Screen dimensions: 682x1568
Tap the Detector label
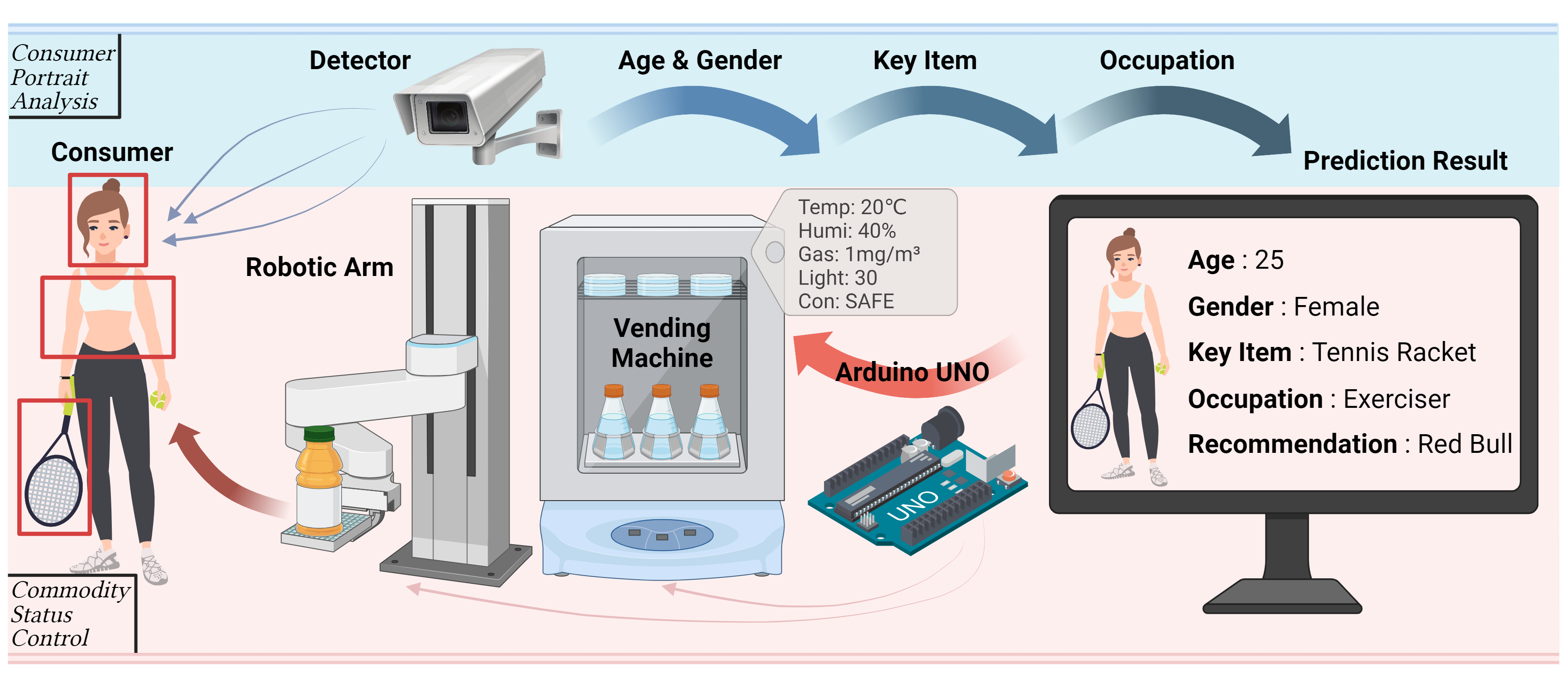tap(360, 60)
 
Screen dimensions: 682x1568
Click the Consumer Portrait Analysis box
tap(63, 77)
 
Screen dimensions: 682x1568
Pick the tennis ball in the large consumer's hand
tap(158, 400)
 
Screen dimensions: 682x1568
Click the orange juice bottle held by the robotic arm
tap(318, 481)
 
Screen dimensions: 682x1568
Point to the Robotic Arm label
tap(319, 267)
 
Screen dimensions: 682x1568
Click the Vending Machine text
tap(662, 343)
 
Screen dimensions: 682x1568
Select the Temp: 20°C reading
tap(852, 207)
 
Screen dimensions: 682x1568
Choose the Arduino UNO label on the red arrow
tap(912, 372)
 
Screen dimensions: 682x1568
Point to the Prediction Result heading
tap(1405, 161)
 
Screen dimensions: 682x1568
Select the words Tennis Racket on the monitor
tap(1393, 352)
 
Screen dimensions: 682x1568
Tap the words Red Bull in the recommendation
tap(1464, 444)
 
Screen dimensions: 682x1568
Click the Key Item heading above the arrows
tap(924, 60)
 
